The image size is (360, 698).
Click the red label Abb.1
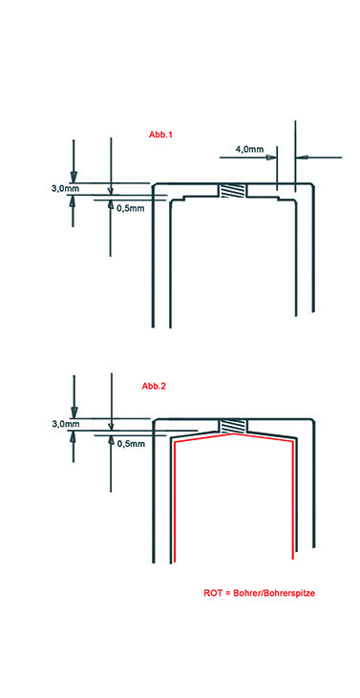tap(160, 134)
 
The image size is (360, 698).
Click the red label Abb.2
tap(154, 387)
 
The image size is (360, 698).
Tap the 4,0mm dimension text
tap(249, 150)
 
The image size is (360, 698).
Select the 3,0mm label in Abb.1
tap(66, 189)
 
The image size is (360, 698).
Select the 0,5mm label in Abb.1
tap(131, 208)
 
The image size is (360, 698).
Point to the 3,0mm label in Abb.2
tap(66, 424)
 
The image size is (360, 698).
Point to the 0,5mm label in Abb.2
tap(131, 443)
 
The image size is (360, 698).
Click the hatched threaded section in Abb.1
tap(232, 191)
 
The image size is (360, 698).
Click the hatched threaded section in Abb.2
tap(231, 426)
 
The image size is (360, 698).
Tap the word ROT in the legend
tap(213, 593)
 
